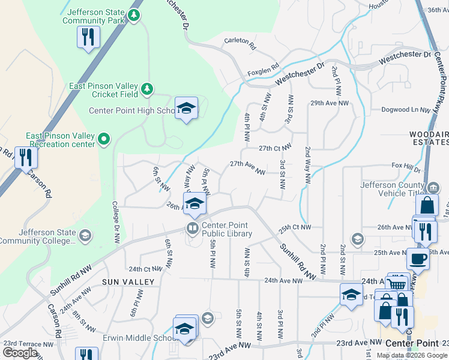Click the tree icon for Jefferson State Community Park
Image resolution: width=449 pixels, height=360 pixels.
tap(136, 16)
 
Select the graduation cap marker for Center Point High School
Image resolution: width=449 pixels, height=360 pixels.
tap(187, 108)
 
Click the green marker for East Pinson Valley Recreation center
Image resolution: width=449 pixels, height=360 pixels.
tap(104, 140)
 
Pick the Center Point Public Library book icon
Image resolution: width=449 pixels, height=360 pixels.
tap(192, 229)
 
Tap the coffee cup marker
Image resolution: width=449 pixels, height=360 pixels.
tap(418, 259)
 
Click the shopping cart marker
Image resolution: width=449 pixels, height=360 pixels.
tap(396, 284)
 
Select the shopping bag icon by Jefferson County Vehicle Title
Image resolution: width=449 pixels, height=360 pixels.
tap(426, 205)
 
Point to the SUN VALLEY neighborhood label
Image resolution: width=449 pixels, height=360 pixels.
tap(128, 281)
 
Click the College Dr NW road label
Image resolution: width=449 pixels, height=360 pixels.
tap(115, 221)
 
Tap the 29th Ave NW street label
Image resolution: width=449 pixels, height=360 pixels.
tap(330, 103)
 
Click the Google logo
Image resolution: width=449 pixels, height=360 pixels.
tap(20, 353)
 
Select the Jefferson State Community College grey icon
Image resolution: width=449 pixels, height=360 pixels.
tap(85, 235)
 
